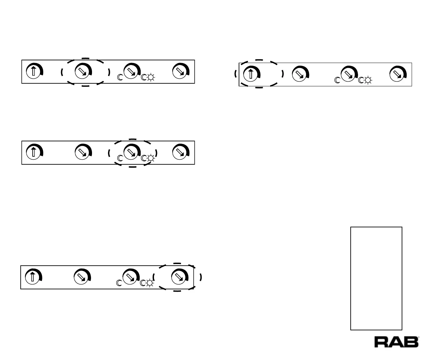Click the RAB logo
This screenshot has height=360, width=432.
396,342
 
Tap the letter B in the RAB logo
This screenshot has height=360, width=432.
411,342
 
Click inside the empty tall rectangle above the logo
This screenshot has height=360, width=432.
376,278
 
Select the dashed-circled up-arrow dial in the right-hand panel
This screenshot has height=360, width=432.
251,74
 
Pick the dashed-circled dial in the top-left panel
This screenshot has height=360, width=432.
81,71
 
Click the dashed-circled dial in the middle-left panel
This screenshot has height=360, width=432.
131,152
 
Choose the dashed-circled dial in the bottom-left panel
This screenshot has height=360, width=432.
179,276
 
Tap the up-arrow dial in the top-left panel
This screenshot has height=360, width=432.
33,71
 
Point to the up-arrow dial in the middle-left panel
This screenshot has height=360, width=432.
33,152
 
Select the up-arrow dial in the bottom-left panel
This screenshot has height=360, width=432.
32,276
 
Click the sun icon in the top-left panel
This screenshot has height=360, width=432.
151,78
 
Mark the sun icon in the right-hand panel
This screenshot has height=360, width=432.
368,80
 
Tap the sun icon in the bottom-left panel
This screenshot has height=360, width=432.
149,283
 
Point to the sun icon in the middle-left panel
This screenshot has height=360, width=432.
151,158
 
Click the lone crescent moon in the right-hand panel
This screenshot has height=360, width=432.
337,80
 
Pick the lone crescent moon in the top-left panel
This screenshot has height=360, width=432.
120,78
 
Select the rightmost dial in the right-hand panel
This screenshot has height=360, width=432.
397,74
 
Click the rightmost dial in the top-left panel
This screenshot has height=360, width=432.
180,71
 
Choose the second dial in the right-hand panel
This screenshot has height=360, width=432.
299,74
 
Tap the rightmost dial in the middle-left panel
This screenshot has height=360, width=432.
180,152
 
